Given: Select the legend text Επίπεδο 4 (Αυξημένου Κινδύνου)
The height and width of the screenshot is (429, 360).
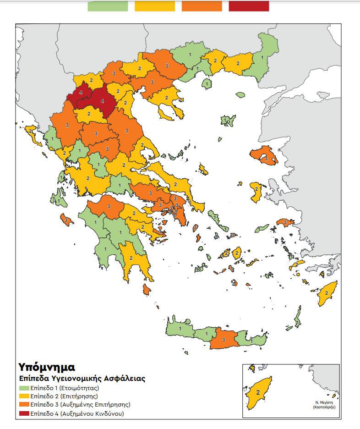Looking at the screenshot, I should pyautogui.click(x=77, y=413).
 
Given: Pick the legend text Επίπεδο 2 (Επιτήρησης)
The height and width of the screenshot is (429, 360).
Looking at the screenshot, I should pyautogui.click(x=64, y=396).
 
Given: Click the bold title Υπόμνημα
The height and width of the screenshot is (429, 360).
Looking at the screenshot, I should pyautogui.click(x=46, y=367).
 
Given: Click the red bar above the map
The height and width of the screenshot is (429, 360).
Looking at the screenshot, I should pyautogui.click(x=249, y=6).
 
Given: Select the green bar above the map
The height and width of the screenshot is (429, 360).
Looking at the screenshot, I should pyautogui.click(x=108, y=6).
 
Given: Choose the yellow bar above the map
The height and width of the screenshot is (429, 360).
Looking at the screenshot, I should pyautogui.click(x=155, y=6).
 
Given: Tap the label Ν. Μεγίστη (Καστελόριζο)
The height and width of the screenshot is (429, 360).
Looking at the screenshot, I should pyautogui.click(x=323, y=405).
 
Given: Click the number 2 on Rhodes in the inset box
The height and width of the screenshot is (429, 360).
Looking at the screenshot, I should pyautogui.click(x=258, y=392).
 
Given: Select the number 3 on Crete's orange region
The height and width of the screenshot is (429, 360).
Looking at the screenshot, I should pyautogui.click(x=223, y=340).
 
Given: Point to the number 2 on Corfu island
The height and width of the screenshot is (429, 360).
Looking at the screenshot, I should pyautogui.click(x=31, y=131).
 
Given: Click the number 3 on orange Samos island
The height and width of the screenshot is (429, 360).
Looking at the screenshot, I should pyautogui.click(x=285, y=223).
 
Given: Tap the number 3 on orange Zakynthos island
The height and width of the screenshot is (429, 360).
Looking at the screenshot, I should pyautogui.click(x=67, y=220).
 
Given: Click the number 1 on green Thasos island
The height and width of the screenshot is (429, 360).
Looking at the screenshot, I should pyautogui.click(x=207, y=84).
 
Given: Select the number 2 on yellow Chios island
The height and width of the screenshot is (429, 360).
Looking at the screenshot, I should pyautogui.click(x=256, y=189).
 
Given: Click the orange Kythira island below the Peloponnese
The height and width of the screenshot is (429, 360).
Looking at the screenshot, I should pyautogui.click(x=147, y=290).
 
